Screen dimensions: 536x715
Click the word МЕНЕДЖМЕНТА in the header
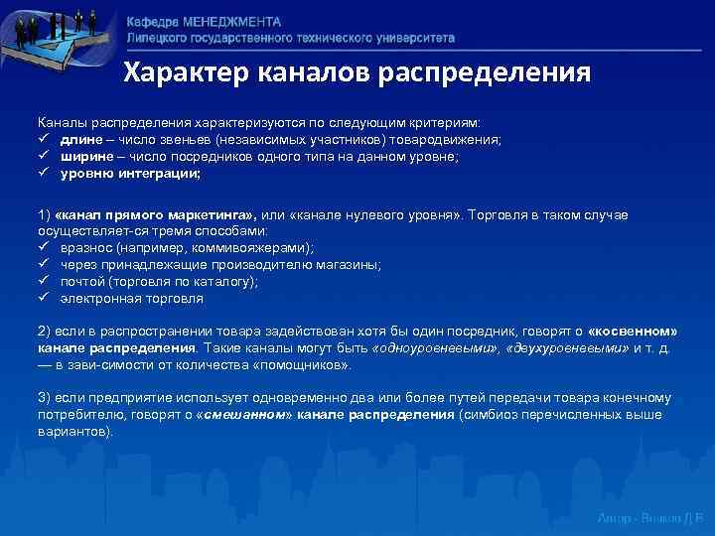[231, 22]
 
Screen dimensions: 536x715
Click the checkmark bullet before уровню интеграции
[44, 173]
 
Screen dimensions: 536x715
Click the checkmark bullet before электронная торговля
[44, 297]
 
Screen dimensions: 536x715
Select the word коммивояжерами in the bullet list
[256, 247]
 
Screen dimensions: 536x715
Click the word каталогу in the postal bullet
[223, 281]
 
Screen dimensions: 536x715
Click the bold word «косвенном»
[633, 332]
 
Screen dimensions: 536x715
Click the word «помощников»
[308, 365]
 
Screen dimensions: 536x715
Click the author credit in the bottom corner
[650, 519]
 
